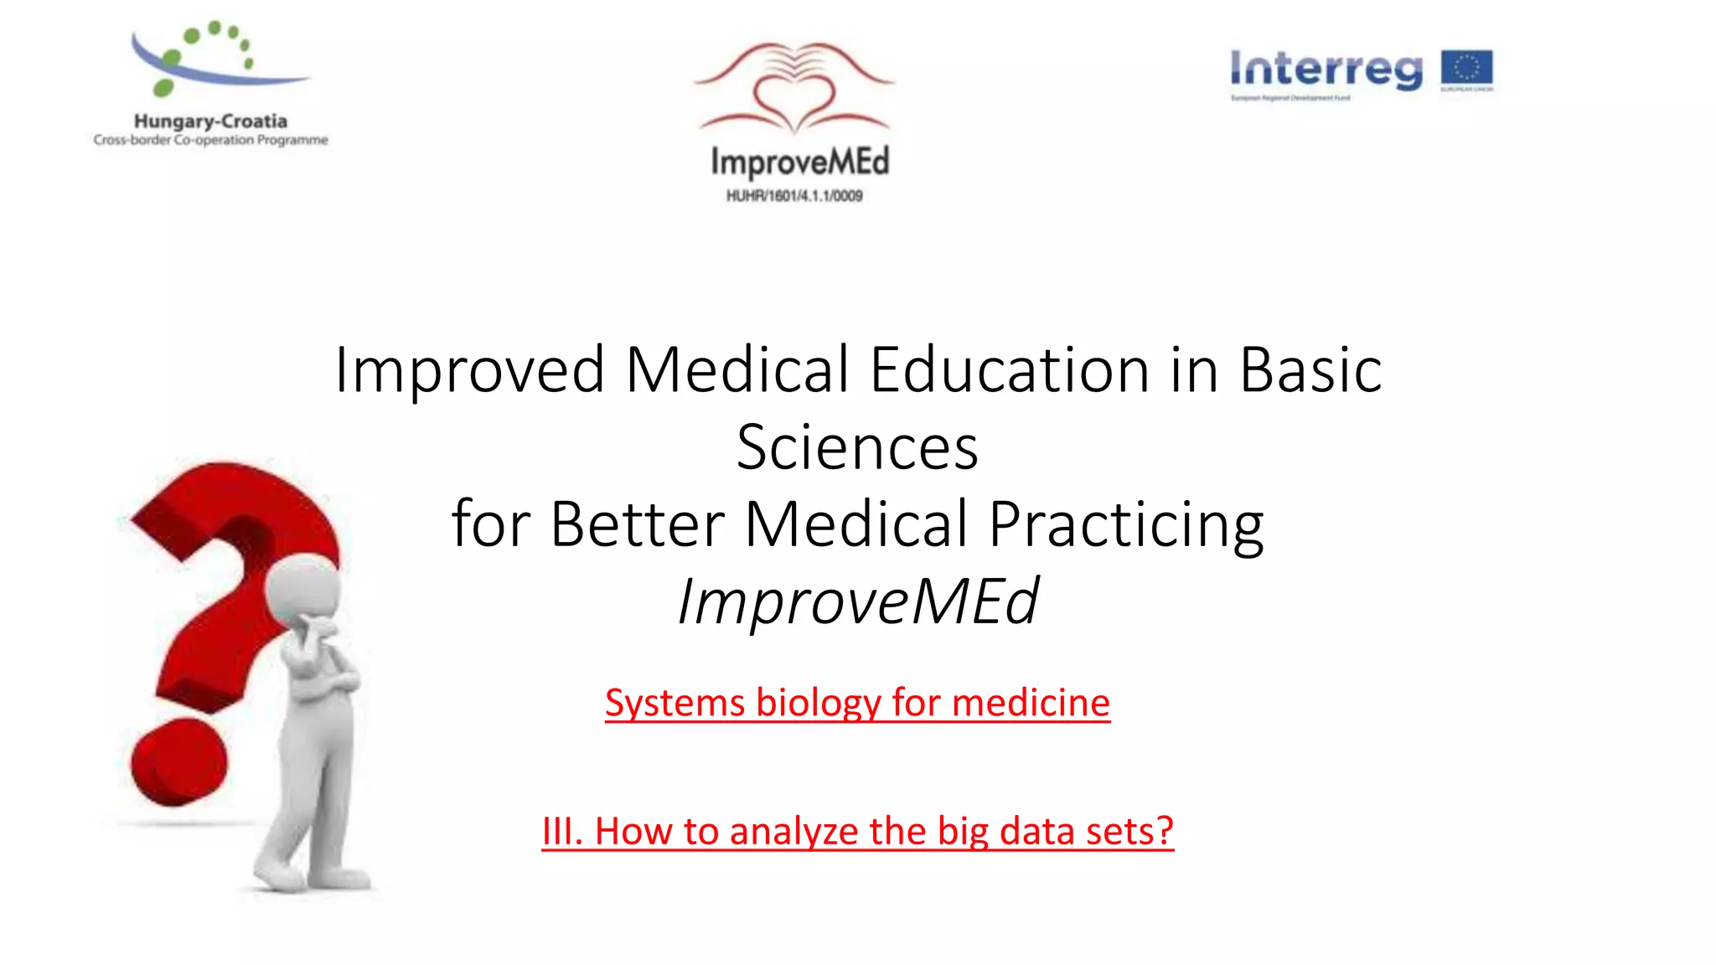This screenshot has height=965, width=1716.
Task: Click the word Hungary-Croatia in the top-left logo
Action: click(210, 121)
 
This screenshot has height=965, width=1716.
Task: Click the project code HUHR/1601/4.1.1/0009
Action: click(794, 196)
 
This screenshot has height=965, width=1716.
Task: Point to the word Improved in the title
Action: click(469, 369)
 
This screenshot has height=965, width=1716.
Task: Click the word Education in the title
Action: click(1009, 369)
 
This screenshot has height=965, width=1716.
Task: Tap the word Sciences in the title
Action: click(857, 446)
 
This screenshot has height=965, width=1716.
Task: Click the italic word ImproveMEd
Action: click(857, 601)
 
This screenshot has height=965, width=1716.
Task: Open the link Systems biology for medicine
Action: click(857, 702)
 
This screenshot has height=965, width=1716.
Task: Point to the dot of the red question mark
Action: click(178, 762)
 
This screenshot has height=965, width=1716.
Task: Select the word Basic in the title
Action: click(1310, 369)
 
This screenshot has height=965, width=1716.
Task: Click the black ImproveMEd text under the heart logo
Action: click(799, 162)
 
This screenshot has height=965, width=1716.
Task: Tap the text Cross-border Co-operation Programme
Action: click(210, 140)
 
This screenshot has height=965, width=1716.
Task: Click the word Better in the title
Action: click(637, 524)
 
